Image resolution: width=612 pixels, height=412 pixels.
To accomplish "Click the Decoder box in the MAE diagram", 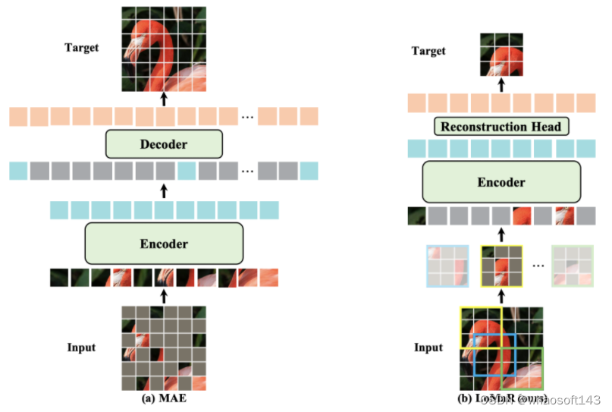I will (164, 143).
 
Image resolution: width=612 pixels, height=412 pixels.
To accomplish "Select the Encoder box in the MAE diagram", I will (164, 243).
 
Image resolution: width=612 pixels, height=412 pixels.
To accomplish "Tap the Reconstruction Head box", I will (501, 126).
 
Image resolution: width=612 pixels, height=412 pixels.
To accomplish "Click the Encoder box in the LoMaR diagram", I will (501, 182).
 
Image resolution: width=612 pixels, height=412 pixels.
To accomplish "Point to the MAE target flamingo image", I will (164, 47).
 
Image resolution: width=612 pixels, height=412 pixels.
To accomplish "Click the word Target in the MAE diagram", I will (83, 48).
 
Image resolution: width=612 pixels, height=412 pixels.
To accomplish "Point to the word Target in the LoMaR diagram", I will (429, 51).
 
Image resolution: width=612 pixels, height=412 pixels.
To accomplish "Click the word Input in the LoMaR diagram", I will (428, 348).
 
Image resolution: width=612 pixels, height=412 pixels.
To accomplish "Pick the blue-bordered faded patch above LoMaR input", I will (447, 266).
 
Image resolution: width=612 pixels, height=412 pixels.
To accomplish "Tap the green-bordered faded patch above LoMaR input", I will (572, 266).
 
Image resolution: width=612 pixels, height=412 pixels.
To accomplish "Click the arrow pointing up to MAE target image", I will (164, 99).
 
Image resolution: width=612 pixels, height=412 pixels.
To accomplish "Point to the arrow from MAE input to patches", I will (164, 294).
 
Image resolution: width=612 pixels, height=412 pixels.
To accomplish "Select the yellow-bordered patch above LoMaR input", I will (502, 266).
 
